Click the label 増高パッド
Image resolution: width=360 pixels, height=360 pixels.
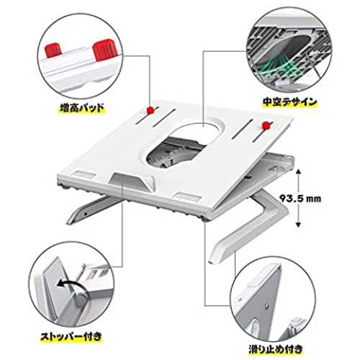pyautogui.click(x=82, y=108)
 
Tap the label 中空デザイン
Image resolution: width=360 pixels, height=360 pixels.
pyautogui.click(x=290, y=102)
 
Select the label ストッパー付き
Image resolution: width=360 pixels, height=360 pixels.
pyautogui.click(x=71, y=337)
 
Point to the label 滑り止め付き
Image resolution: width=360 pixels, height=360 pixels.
pyautogui.click(x=276, y=348)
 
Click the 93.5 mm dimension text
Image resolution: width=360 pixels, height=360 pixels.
pyautogui.click(x=300, y=199)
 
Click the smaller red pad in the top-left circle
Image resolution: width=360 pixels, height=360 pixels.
pyautogui.click(x=53, y=50)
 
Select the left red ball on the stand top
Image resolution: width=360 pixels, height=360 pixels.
pyautogui.click(x=150, y=110)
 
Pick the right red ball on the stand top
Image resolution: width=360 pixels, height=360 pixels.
pyautogui.click(x=266, y=125)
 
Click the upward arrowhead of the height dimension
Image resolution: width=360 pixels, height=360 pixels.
pyautogui.click(x=298, y=171)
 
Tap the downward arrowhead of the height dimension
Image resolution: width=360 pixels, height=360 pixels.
pyautogui.click(x=298, y=225)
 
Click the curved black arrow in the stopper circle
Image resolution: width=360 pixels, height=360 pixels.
pyautogui.click(x=70, y=285)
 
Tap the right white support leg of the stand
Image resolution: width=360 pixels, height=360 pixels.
pyautogui.click(x=250, y=225)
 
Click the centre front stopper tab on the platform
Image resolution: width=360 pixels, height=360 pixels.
pyautogui.click(x=131, y=181)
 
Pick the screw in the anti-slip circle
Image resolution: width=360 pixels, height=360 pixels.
pyautogui.click(x=267, y=305)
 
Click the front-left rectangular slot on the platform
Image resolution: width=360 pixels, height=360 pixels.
pyautogui.click(x=84, y=174)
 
